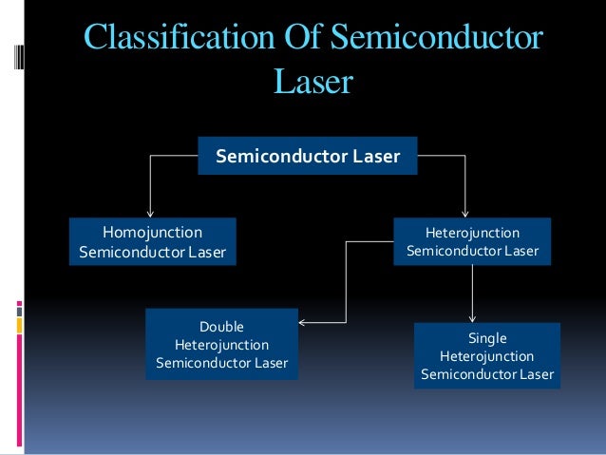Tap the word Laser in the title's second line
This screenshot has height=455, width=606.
[312, 83]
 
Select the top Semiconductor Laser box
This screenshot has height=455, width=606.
[307, 156]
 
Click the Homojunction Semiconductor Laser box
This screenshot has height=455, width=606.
[152, 241]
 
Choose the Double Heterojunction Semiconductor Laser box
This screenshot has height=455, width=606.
[221, 344]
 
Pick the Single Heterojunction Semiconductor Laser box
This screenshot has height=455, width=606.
[486, 356]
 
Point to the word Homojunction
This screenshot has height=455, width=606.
[152, 231]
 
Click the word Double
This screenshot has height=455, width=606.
[221, 326]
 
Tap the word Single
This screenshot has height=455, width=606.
[487, 338]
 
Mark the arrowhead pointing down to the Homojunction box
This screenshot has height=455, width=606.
[149, 213]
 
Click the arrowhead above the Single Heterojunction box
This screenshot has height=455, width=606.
[473, 318]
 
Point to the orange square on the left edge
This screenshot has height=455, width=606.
[20, 325]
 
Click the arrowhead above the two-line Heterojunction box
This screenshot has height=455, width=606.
[464, 213]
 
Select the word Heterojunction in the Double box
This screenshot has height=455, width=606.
[221, 344]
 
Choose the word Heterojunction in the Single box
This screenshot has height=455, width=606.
[487, 356]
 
